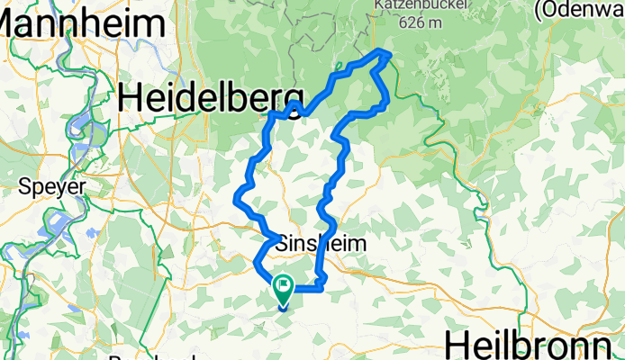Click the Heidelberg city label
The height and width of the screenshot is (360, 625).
pos(213,95)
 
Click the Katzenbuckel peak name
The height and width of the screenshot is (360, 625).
pos(412,4)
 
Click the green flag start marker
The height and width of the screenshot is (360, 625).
pos(284,289)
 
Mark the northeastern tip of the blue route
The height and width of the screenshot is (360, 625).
pos(389,54)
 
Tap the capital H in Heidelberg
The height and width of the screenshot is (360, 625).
pos(131,95)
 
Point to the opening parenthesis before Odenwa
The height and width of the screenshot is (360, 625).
pos(538,11)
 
